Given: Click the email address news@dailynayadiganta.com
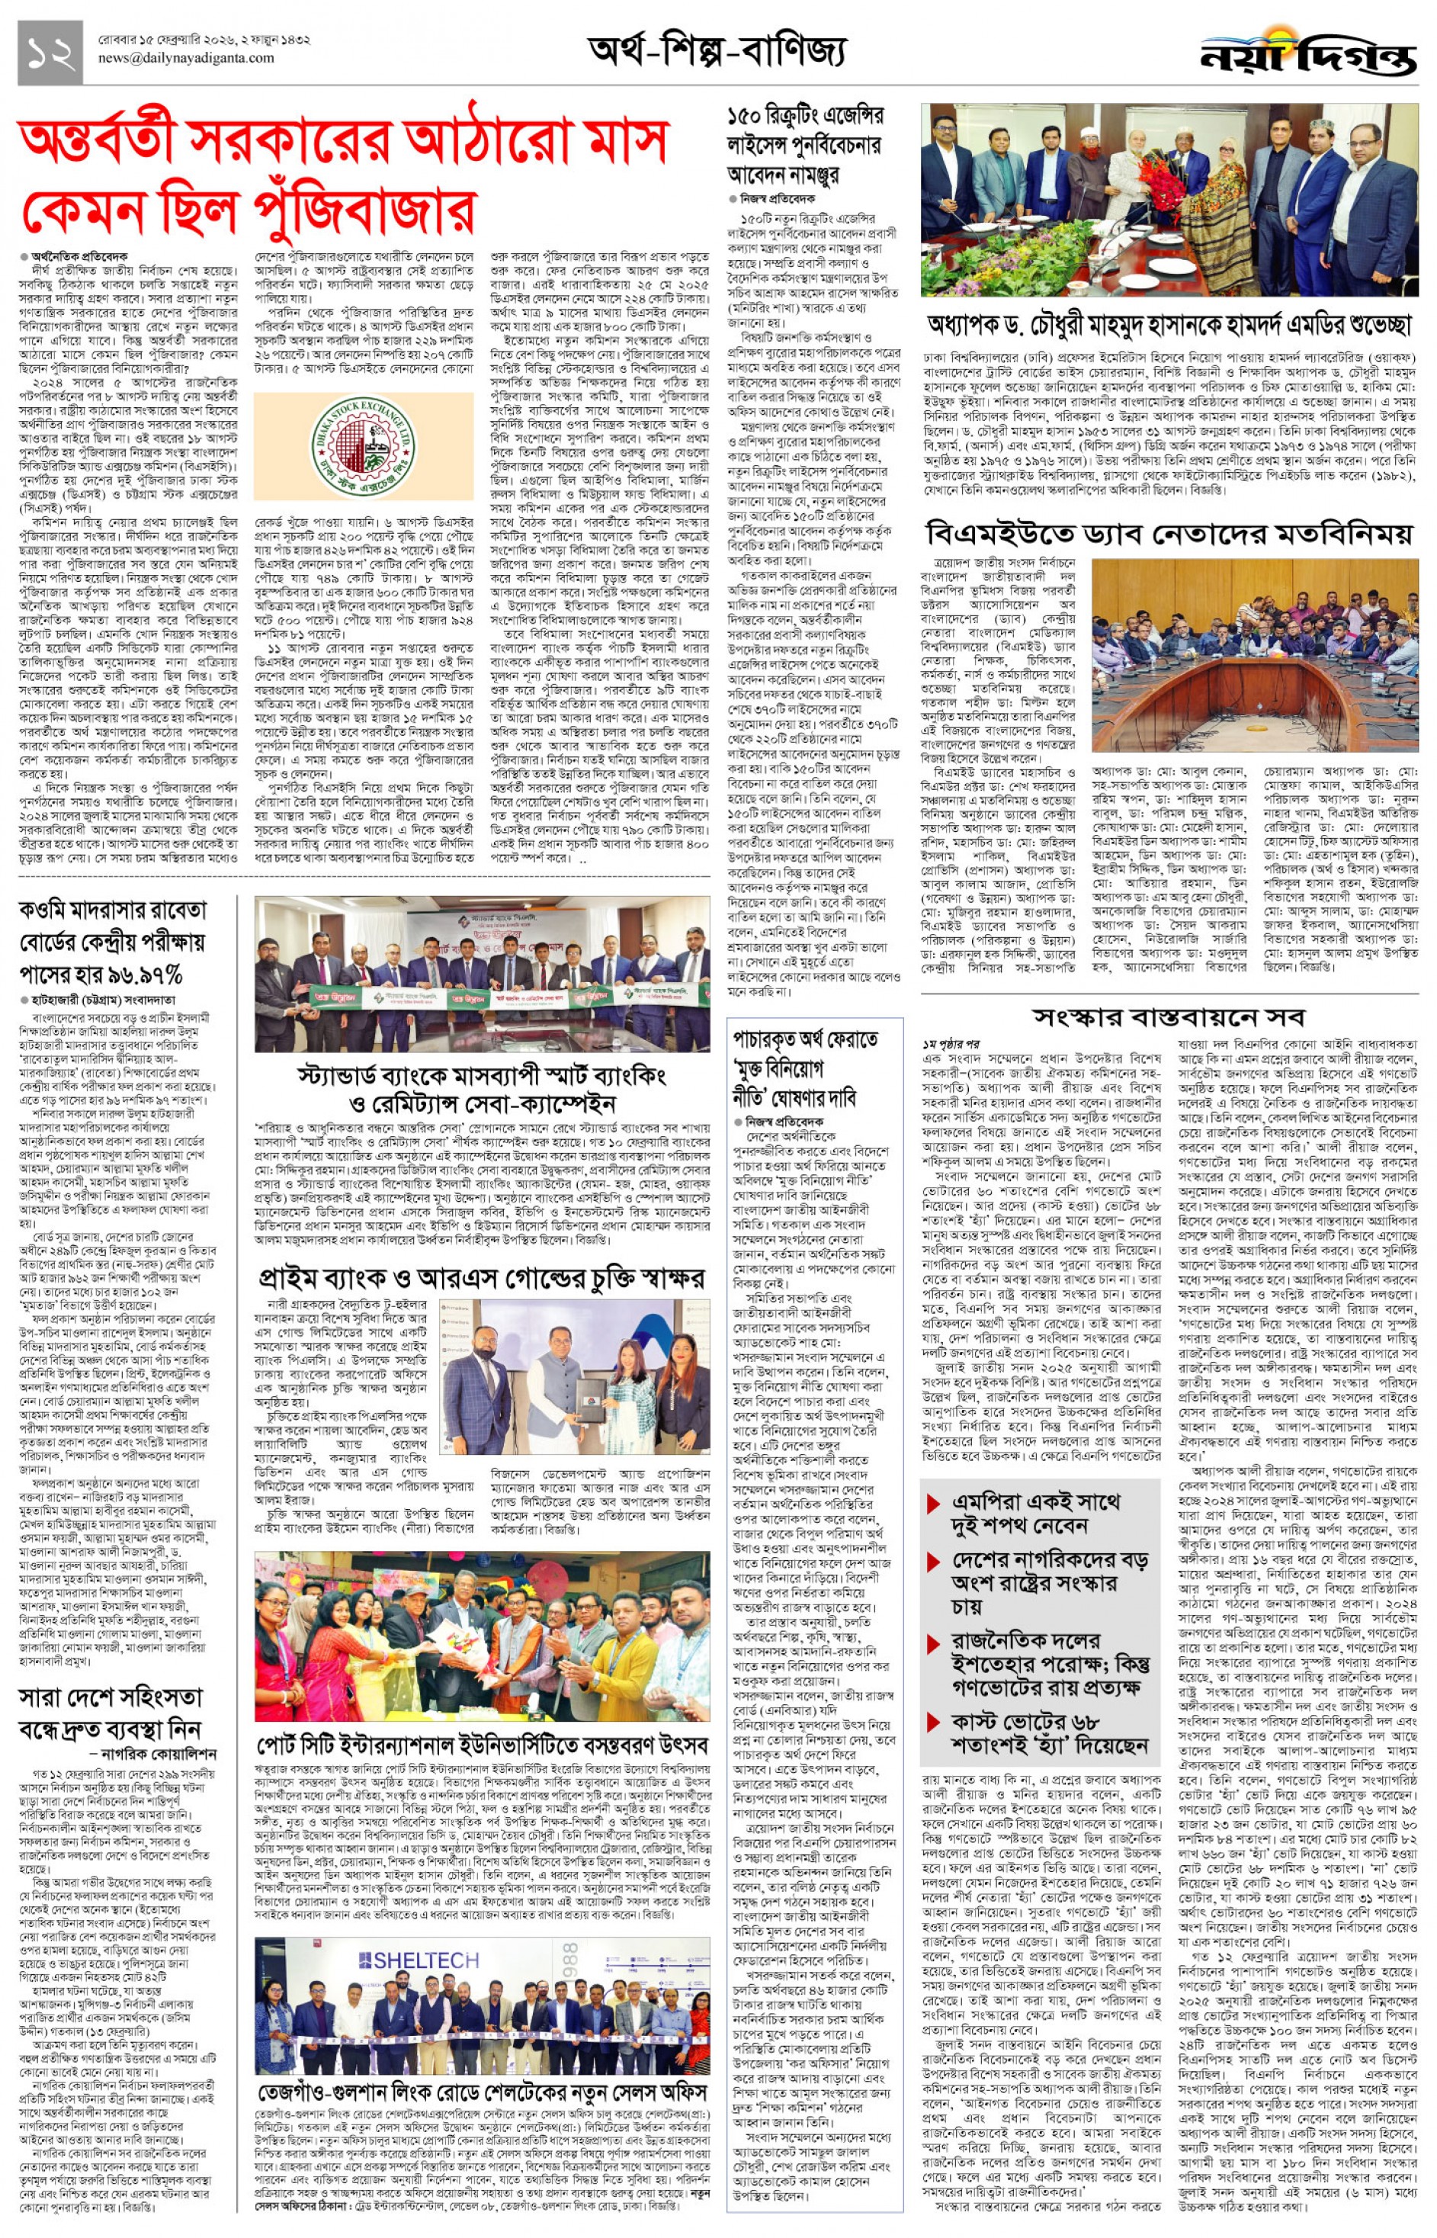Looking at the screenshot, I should tap(187, 58).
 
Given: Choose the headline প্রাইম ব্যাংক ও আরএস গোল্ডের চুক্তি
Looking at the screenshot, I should tap(482, 1279).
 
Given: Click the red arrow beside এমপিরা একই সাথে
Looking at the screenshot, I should tap(933, 1504).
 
